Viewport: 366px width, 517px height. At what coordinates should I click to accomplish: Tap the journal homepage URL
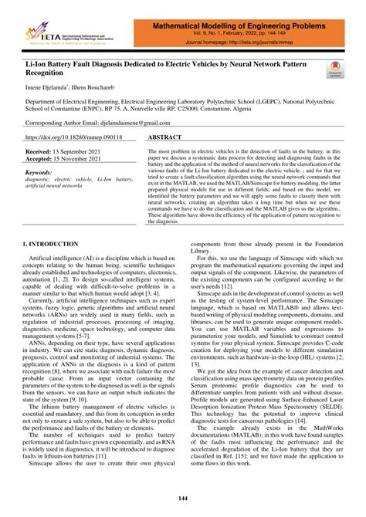pos(255,43)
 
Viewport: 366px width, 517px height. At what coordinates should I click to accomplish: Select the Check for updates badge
pos(334,71)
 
